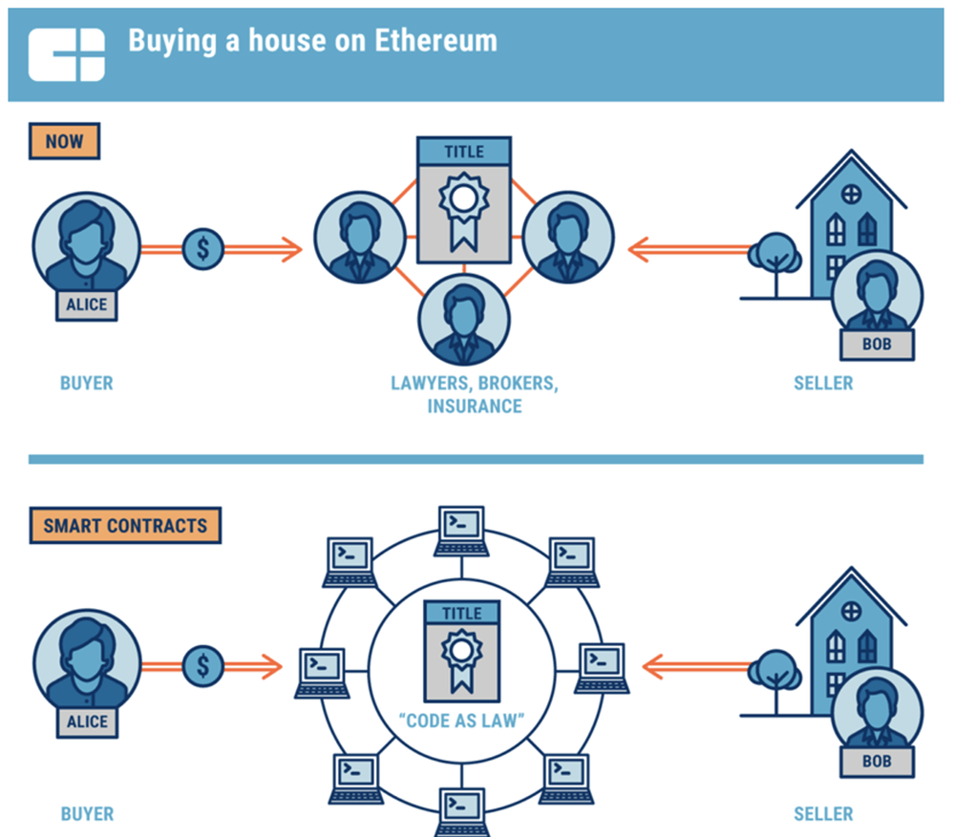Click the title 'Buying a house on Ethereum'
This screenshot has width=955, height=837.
click(x=312, y=42)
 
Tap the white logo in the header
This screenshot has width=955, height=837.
click(x=66, y=54)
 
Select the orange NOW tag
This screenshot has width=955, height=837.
click(x=64, y=142)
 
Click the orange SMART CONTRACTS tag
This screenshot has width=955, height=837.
click(x=125, y=526)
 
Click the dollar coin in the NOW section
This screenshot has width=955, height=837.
click(x=202, y=250)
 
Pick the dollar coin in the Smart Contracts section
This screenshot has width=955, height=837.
click(x=202, y=665)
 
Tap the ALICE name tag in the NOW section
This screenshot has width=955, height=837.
click(x=87, y=305)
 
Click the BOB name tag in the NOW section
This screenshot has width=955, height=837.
click(x=877, y=344)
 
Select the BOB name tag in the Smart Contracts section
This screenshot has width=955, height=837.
click(x=876, y=762)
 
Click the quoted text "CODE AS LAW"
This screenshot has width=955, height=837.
click(x=463, y=721)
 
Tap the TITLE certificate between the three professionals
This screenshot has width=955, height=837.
click(x=464, y=200)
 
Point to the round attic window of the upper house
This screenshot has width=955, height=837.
click(x=850, y=194)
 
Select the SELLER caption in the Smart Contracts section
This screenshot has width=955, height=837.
click(x=823, y=814)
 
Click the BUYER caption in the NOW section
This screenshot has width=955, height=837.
click(x=86, y=384)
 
